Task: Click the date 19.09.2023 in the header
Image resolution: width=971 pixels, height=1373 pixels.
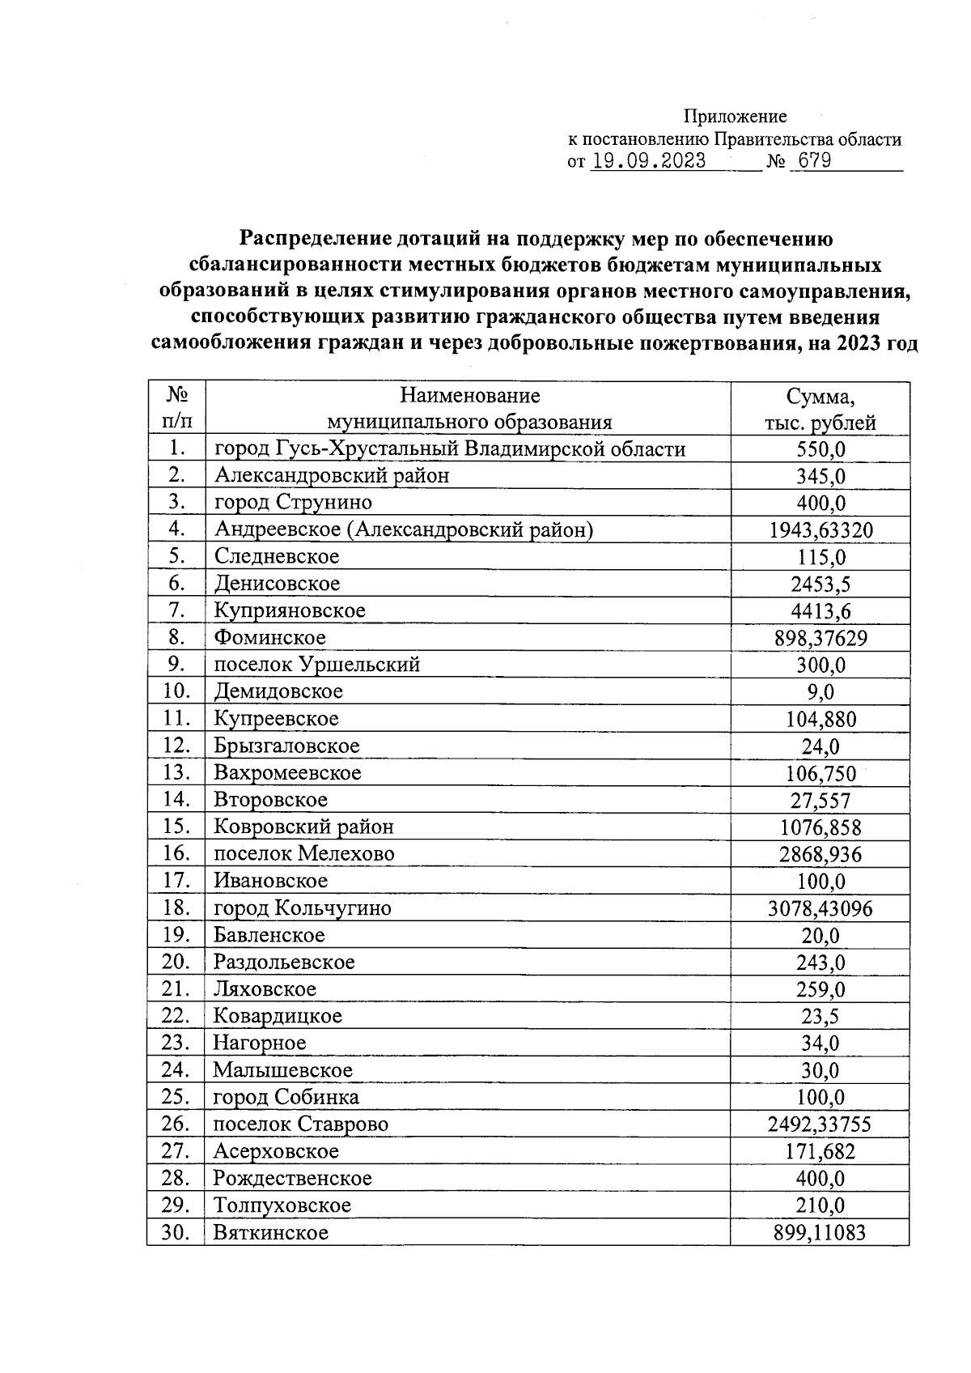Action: (x=648, y=160)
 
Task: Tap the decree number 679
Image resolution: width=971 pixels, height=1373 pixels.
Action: (x=814, y=160)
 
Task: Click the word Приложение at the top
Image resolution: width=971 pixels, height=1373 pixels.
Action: (x=735, y=116)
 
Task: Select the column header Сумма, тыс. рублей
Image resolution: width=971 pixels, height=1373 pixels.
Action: (x=820, y=409)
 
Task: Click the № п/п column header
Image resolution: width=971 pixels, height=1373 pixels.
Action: (x=176, y=408)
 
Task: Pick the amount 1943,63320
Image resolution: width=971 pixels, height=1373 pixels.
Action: (x=820, y=530)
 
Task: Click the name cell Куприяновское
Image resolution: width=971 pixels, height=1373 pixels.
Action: (x=290, y=610)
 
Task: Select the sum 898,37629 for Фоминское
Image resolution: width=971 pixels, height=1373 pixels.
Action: (x=820, y=638)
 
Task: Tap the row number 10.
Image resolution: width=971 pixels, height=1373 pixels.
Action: (x=176, y=691)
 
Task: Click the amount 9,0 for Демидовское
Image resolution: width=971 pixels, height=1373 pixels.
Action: (x=820, y=692)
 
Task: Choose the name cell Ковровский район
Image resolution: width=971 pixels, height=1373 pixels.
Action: (x=303, y=827)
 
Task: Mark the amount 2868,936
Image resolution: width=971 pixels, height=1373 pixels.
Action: (x=820, y=854)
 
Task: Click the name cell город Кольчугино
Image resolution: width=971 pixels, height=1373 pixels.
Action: (x=302, y=908)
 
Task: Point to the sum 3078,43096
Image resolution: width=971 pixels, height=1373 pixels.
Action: (x=820, y=908)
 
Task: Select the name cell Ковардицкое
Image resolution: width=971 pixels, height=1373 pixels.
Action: (x=277, y=1015)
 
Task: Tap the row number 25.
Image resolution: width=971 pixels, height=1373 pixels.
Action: (x=176, y=1097)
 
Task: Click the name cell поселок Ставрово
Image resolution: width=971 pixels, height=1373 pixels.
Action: (x=300, y=1124)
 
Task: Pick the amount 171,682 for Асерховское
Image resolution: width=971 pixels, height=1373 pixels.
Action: (x=820, y=1151)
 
